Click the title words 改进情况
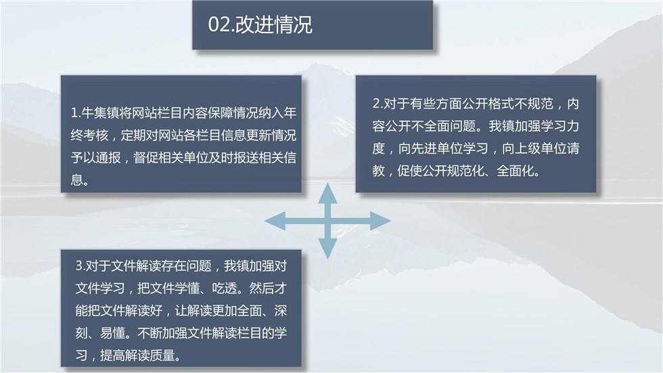(274, 24)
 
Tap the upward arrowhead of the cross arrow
(327, 193)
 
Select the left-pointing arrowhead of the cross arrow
(275, 221)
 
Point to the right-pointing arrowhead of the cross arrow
(380, 221)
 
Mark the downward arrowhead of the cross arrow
(327, 248)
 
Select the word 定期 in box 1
(133, 135)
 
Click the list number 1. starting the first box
(76, 113)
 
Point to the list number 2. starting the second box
(378, 104)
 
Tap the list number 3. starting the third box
(81, 266)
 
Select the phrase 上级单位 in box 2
(539, 148)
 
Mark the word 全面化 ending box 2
(516, 171)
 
